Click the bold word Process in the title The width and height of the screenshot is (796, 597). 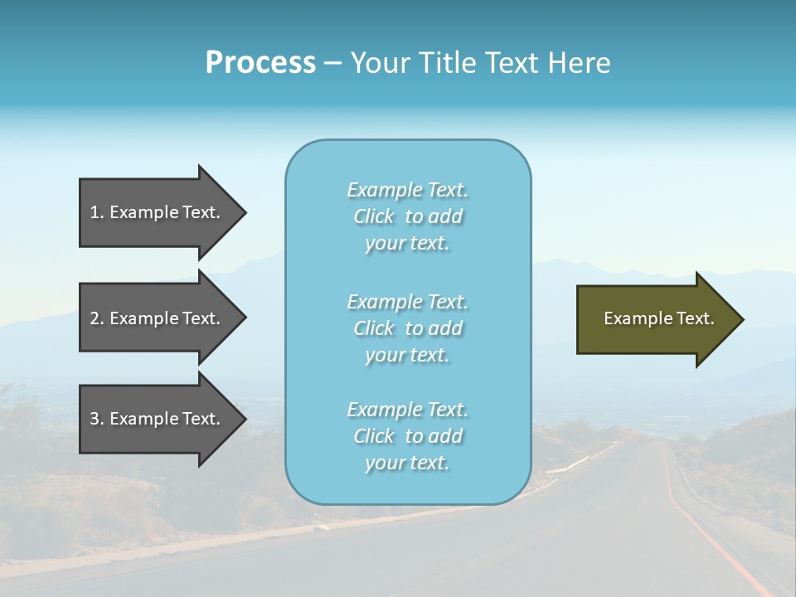(x=260, y=63)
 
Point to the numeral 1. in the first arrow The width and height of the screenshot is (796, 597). (x=97, y=212)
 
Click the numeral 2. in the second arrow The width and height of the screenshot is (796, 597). (x=97, y=318)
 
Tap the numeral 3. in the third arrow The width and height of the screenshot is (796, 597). (x=97, y=419)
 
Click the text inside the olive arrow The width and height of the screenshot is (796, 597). (x=658, y=318)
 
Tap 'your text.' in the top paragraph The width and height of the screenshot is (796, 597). (x=406, y=244)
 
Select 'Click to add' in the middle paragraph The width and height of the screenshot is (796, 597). (x=407, y=328)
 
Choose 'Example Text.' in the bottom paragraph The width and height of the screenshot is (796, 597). (x=407, y=410)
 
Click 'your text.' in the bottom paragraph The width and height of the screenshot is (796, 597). (x=406, y=464)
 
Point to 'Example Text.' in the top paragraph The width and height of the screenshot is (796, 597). (x=407, y=190)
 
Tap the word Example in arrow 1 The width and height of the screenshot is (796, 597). (x=143, y=212)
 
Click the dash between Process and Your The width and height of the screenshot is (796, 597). (x=332, y=63)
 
